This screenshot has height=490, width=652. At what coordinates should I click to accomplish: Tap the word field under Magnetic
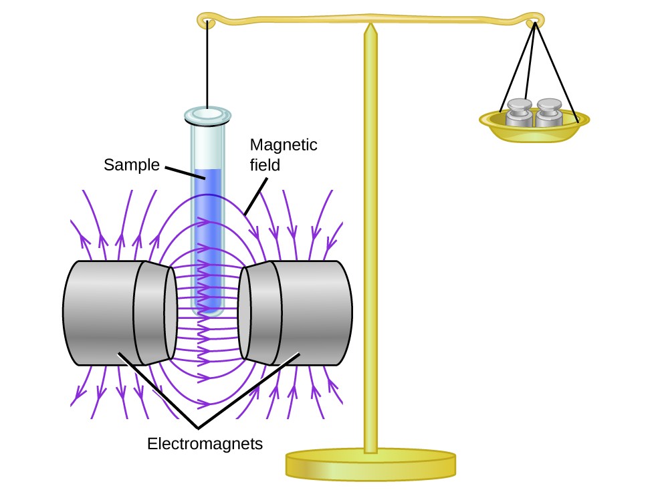263,162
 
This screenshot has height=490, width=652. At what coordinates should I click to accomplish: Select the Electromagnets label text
205,443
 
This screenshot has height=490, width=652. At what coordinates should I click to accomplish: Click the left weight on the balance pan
519,113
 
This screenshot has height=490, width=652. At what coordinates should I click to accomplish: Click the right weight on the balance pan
549,113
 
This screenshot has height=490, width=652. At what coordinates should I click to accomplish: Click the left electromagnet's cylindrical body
100,312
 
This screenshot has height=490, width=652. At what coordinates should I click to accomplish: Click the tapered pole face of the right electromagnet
258,312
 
